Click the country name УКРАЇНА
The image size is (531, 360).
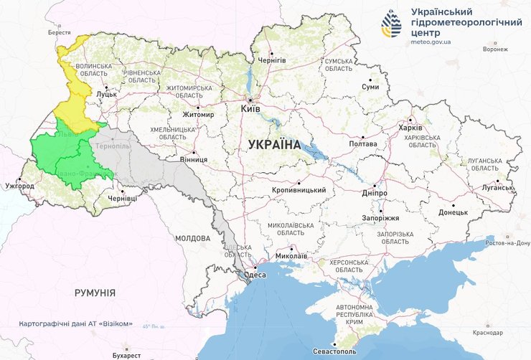pos(274,145)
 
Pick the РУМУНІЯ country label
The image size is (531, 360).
pos(95,293)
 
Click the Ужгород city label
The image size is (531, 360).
pos(19,186)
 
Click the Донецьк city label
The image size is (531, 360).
pos(453,212)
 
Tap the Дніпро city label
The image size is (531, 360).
pos(375,194)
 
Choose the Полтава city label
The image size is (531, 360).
pos(363,144)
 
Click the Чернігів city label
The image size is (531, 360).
pos(271,60)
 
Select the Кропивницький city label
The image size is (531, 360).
pos(300,190)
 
